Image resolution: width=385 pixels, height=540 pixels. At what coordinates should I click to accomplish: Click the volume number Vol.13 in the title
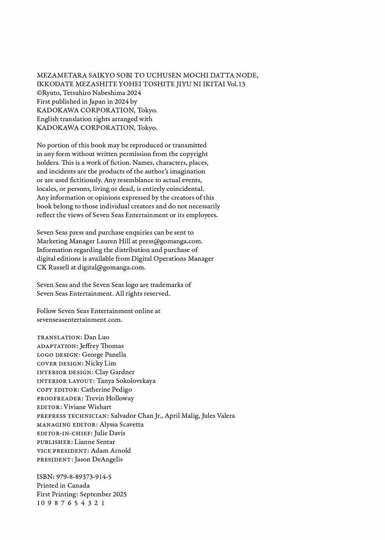(236, 84)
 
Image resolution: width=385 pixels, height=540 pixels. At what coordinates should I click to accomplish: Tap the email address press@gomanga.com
(170, 241)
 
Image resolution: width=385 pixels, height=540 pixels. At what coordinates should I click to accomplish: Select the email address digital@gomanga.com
(111, 268)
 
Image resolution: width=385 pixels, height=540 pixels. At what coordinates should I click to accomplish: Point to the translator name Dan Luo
(97, 337)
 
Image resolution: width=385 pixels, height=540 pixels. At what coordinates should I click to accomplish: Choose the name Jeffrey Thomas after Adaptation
(102, 346)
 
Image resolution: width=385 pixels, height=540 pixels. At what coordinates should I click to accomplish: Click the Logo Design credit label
(58, 355)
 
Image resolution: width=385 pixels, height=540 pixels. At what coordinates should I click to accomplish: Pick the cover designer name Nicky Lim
(101, 363)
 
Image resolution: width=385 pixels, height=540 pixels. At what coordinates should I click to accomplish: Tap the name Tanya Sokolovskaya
(126, 381)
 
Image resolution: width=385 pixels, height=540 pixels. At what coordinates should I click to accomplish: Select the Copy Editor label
(58, 390)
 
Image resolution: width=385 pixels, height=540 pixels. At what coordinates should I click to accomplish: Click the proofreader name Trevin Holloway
(109, 398)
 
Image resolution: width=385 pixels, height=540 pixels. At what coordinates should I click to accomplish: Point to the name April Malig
(181, 416)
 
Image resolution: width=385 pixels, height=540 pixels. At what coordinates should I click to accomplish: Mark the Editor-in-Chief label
(65, 433)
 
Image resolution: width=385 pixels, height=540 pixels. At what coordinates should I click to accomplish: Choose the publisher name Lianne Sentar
(94, 442)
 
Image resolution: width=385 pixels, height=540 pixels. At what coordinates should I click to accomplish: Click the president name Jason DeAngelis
(98, 459)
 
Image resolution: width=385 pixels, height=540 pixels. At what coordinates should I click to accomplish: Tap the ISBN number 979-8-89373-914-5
(84, 477)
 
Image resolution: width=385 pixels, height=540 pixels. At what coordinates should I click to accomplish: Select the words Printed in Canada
(63, 486)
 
